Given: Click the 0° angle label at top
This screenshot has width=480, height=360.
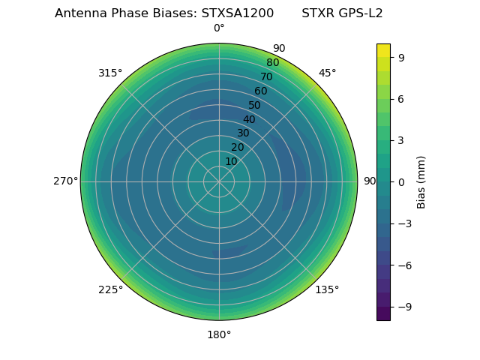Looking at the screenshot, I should [x=219, y=28].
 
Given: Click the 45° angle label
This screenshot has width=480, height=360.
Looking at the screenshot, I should [x=327, y=73].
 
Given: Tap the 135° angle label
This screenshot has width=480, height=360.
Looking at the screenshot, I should [x=327, y=289].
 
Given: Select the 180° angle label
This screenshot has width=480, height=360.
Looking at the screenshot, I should [x=219, y=334].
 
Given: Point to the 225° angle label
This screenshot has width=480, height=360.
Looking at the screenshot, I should [x=110, y=289].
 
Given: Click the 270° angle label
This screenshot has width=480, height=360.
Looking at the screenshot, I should [x=65, y=181].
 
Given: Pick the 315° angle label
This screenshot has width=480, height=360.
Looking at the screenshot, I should [x=110, y=73].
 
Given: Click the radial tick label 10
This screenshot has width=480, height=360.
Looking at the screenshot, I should [x=231, y=161].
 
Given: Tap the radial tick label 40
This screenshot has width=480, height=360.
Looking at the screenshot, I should [x=249, y=119].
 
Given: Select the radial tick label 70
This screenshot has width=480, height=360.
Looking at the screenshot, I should [x=266, y=76].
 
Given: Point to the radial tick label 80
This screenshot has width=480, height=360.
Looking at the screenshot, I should [x=272, y=62].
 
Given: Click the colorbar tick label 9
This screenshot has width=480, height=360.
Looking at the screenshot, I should [x=401, y=56].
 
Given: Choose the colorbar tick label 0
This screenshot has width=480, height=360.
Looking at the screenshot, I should [x=401, y=181].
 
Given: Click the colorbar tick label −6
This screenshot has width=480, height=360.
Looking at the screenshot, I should [x=404, y=265].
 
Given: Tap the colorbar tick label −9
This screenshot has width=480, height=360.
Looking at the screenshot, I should [x=404, y=307].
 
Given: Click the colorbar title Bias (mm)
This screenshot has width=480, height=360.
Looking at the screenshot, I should [x=421, y=181].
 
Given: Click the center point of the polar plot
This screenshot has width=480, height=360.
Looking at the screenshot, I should [x=219, y=181].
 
